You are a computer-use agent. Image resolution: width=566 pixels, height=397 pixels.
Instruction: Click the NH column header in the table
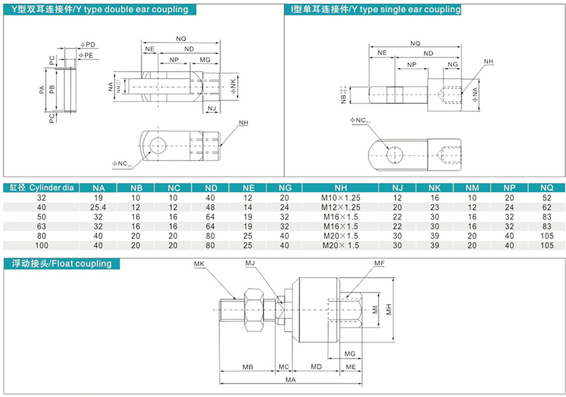(340, 187)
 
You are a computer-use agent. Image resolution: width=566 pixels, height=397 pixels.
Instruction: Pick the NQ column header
(546, 187)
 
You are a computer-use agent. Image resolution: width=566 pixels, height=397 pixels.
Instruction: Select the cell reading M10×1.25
(340, 198)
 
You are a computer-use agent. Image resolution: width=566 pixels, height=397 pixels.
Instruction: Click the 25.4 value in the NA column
(99, 208)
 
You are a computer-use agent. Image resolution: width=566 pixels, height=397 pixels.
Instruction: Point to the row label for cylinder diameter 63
(42, 226)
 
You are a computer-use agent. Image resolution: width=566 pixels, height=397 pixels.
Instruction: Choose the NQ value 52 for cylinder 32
(546, 198)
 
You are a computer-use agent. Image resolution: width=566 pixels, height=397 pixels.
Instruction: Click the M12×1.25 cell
(340, 208)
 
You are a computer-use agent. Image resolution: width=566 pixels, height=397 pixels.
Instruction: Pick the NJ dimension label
(211, 108)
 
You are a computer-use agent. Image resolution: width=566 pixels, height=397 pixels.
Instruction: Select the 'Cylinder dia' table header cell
(42, 187)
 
